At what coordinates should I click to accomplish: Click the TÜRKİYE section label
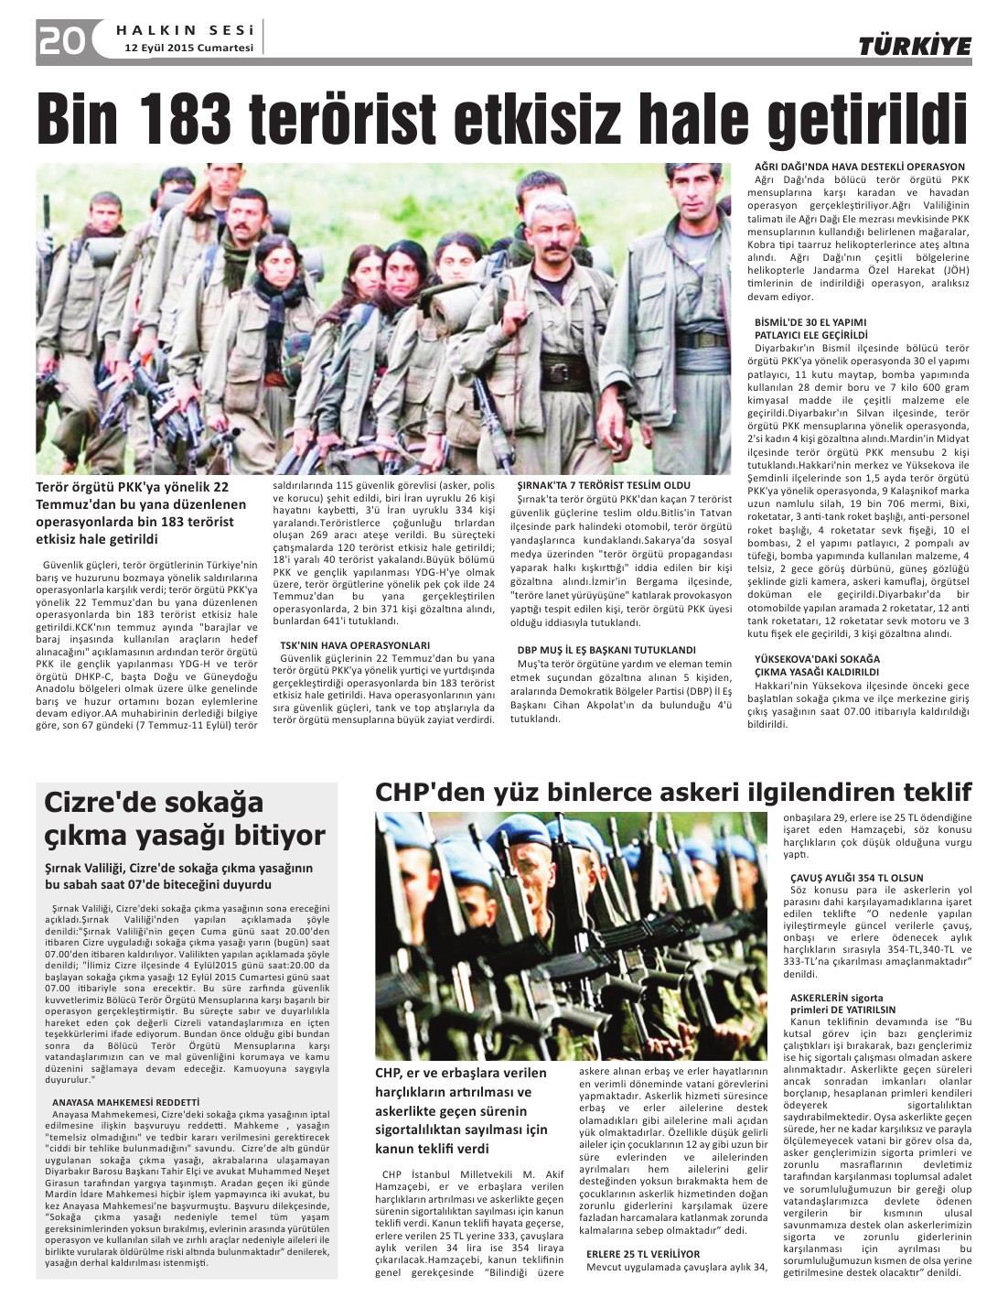(914, 46)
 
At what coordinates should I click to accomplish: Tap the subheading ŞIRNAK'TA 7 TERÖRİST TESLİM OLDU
(604, 485)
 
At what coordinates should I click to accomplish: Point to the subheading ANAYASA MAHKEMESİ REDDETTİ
(125, 1101)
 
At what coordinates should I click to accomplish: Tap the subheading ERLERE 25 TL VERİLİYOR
(643, 1253)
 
